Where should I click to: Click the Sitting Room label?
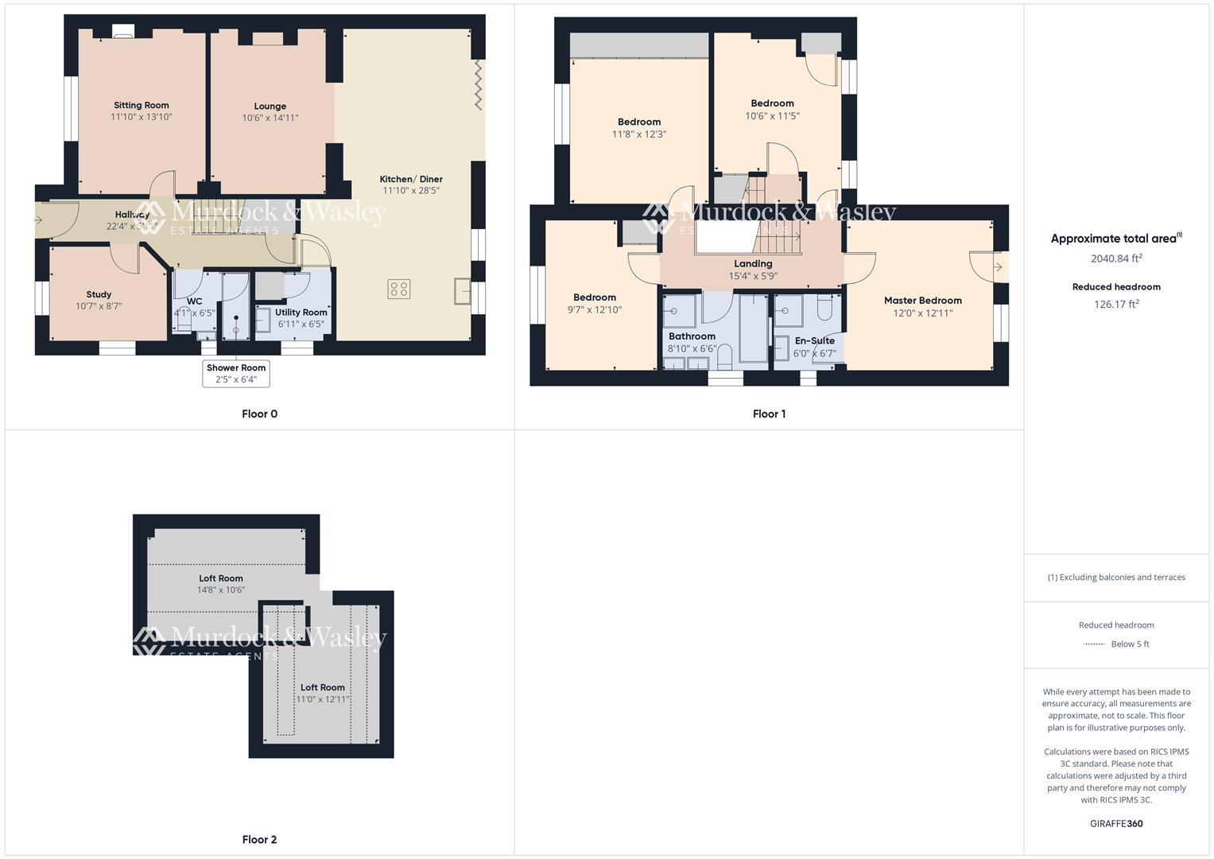click(142, 105)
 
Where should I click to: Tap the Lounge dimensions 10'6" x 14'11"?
click(270, 118)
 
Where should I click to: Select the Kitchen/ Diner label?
click(411, 179)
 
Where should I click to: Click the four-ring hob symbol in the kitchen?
click(399, 289)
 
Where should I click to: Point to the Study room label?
click(99, 294)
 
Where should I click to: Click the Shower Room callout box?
click(236, 373)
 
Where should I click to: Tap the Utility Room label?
click(301, 313)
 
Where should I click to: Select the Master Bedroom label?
click(923, 301)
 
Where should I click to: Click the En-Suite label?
click(815, 340)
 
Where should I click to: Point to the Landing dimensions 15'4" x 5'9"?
click(753, 276)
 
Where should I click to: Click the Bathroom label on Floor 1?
click(692, 336)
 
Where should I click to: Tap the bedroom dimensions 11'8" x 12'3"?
click(639, 134)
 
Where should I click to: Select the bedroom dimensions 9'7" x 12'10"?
click(595, 309)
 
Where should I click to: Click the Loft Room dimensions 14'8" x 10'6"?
click(221, 590)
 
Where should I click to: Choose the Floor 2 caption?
click(259, 839)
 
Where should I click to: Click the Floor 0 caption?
click(259, 414)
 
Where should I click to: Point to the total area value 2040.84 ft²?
click(1116, 258)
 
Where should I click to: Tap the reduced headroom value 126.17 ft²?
click(1116, 304)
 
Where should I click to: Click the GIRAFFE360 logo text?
click(1116, 823)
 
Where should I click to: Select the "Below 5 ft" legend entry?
click(1130, 644)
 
